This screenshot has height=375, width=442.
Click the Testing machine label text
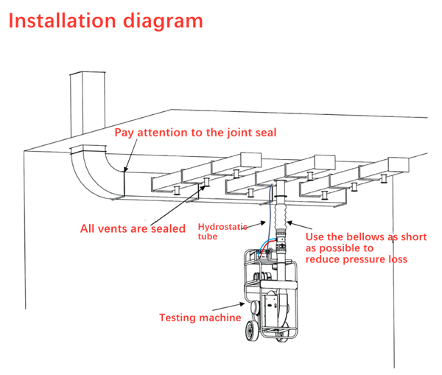(x=200, y=318)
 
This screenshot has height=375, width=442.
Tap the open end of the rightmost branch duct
(x=399, y=164)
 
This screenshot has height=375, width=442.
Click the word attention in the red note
(x=171, y=133)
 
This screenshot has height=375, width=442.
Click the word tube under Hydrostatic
(x=209, y=238)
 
